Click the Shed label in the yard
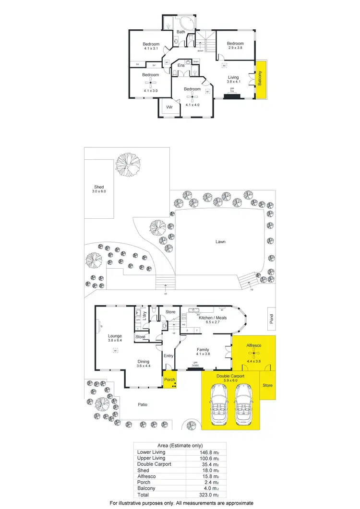coord(99,187)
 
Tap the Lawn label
coord(220,242)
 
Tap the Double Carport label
coord(230,377)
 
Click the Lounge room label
coord(114,336)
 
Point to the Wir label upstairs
coord(169,108)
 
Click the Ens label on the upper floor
coord(181,65)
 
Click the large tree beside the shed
coord(128,164)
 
